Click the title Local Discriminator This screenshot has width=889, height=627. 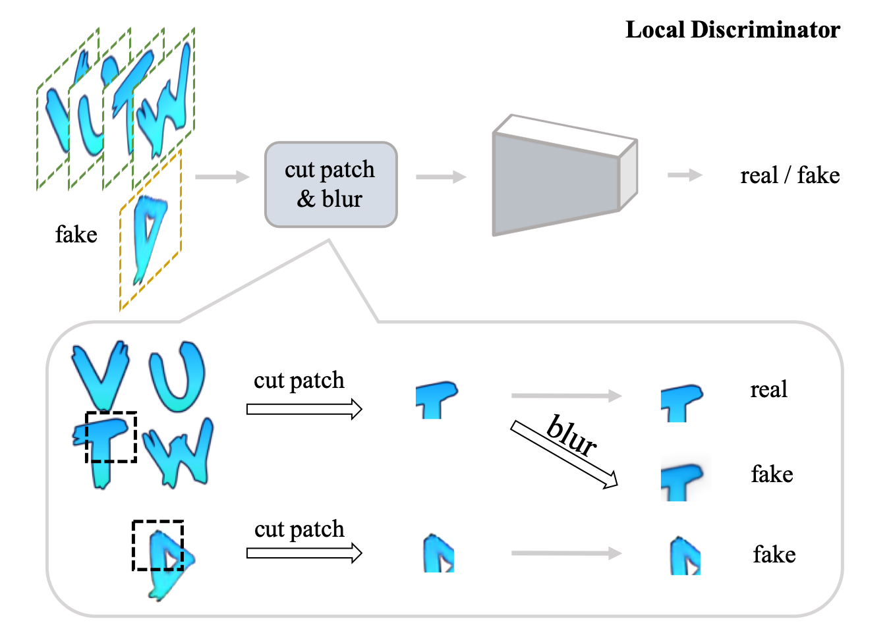732,30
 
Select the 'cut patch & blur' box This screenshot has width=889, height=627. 331,184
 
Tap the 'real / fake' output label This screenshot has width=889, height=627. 789,175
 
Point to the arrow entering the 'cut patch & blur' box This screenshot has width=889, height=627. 222,177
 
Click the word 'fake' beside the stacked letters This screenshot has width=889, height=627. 76,234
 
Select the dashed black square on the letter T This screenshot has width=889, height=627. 111,437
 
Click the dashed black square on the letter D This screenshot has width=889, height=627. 158,545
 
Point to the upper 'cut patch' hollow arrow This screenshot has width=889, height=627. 304,409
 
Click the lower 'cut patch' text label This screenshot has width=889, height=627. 299,529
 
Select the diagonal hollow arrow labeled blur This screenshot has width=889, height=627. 564,455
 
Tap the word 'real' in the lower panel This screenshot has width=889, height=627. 768,389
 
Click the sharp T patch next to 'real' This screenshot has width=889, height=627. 681,402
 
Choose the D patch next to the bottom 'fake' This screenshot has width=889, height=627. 685,557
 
